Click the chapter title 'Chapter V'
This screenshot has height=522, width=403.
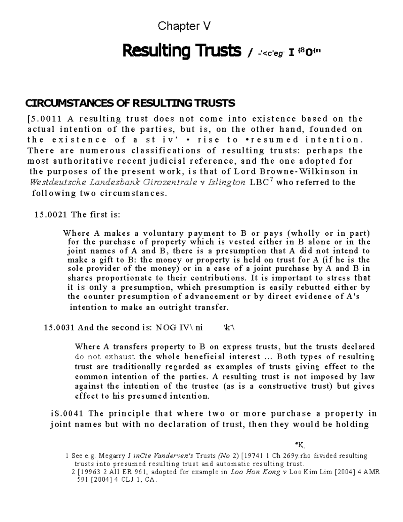tap(184, 26)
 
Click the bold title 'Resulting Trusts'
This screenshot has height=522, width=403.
tap(182, 51)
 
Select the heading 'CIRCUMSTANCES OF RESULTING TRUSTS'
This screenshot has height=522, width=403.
tap(130, 103)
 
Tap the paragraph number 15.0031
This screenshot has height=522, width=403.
tap(59, 328)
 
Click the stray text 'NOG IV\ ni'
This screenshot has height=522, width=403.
tap(179, 328)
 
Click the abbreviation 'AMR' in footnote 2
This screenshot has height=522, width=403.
tap(372, 472)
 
